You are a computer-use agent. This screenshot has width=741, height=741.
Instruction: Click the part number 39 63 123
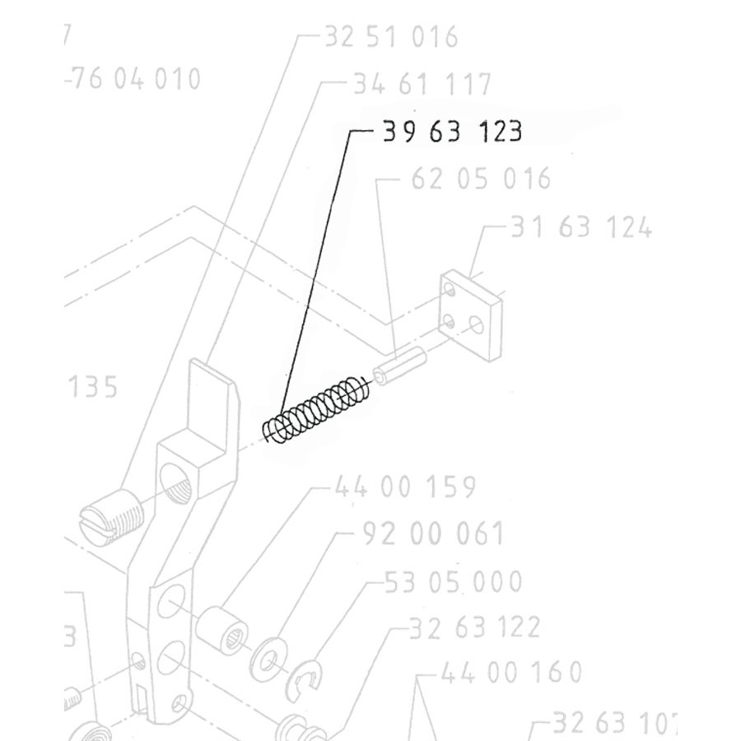tap(452, 132)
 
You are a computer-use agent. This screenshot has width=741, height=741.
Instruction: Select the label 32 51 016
tap(390, 37)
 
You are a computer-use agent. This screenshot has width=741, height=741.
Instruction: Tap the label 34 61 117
tap(422, 84)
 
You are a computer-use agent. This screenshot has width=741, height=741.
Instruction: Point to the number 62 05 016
tap(480, 179)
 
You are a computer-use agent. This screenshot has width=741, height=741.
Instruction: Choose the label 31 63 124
tap(581, 227)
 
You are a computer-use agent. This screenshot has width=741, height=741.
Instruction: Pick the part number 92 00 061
tap(432, 534)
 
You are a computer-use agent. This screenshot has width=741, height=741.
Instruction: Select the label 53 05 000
tap(453, 581)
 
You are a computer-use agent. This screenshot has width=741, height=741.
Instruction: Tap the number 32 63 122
tap(474, 627)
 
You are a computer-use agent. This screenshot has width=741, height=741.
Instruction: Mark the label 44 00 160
tap(511, 673)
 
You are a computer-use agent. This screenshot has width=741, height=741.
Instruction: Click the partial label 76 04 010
tap(133, 80)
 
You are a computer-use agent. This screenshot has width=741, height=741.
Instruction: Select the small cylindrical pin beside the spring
tap(398, 366)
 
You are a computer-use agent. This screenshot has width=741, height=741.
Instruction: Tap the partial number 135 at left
tap(92, 386)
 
